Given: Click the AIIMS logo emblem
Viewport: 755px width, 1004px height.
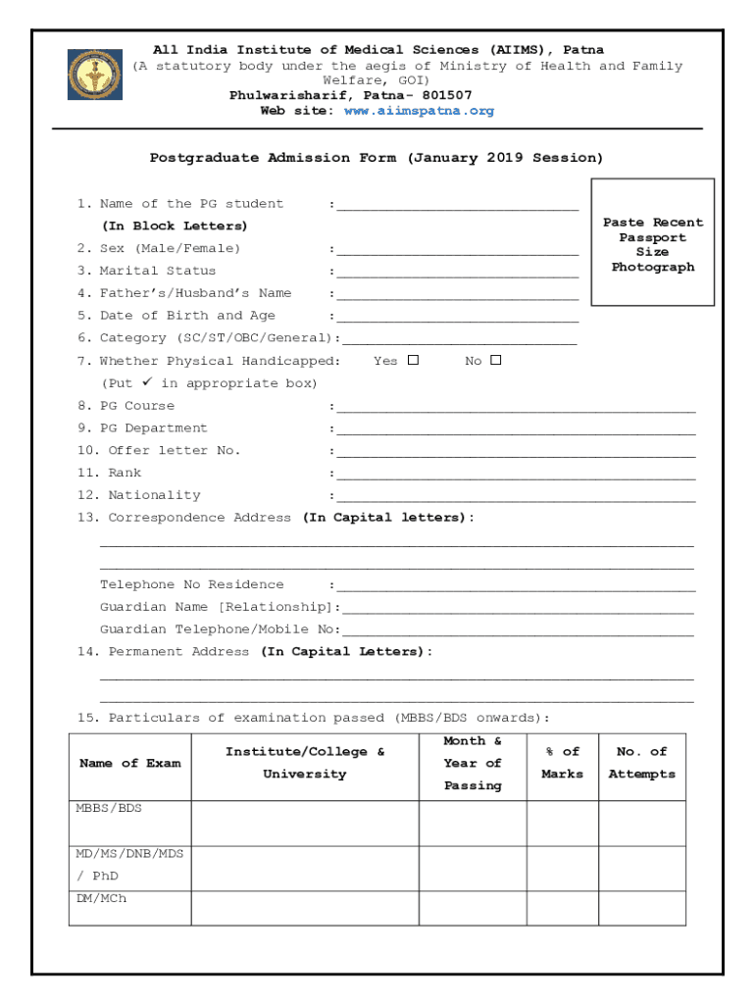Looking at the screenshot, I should (x=95, y=75).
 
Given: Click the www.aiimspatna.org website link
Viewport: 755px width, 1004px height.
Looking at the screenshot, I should (x=419, y=111).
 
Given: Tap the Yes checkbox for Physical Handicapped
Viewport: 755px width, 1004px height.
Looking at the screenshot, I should (x=413, y=360).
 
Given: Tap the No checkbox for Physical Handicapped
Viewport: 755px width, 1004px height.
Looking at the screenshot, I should (x=495, y=360).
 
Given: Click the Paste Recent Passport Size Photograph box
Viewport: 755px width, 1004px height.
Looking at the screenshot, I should (x=652, y=242).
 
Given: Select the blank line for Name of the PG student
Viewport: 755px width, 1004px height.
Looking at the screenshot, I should (x=457, y=207).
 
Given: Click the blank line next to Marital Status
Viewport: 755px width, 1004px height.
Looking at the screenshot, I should (x=457, y=274).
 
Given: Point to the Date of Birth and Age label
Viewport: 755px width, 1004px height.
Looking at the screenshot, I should (x=187, y=316).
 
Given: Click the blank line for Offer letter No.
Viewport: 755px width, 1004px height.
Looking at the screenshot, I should (x=516, y=453).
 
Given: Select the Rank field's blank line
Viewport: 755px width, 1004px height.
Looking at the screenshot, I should (x=516, y=476).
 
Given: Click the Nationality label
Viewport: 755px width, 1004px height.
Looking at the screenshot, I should (x=153, y=495).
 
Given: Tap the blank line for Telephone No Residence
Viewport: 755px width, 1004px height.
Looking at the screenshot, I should (x=516, y=587).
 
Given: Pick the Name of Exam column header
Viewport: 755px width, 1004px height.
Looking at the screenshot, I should (x=129, y=763).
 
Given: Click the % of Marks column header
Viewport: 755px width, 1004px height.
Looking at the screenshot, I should (x=562, y=763).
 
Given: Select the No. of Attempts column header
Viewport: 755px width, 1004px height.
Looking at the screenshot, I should (x=641, y=763).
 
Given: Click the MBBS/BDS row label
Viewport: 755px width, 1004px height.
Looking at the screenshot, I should (x=109, y=809).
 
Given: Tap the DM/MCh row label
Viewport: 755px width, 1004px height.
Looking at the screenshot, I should (x=101, y=898).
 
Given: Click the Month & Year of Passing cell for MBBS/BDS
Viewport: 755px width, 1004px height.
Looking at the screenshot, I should (x=473, y=824).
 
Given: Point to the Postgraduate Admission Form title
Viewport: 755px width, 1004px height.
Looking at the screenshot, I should (x=377, y=158).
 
